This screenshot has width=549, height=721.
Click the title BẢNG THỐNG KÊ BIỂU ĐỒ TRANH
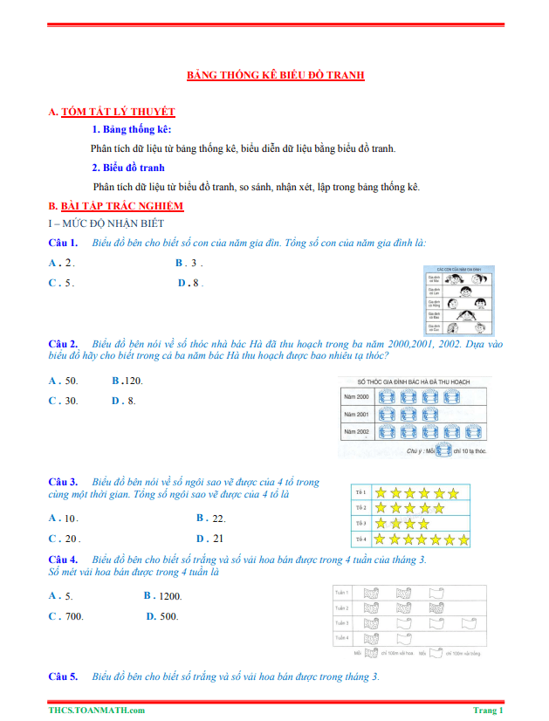[276, 76]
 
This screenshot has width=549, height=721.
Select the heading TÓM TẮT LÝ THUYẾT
[118, 112]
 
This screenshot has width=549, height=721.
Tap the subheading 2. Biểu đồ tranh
[128, 168]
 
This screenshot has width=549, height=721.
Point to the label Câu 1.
[63, 242]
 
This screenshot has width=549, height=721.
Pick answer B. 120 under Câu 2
[127, 381]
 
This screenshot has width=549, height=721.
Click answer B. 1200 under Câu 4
[162, 595]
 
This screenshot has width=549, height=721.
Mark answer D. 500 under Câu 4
[162, 616]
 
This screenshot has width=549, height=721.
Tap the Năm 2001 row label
[357, 414]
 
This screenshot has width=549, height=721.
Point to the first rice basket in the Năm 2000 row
[387, 396]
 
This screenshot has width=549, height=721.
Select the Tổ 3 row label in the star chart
[360, 524]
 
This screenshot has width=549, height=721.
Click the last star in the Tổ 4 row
[463, 540]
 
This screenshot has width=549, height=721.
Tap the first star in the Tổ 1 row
[381, 493]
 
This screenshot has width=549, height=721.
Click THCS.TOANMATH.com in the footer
[97, 711]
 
